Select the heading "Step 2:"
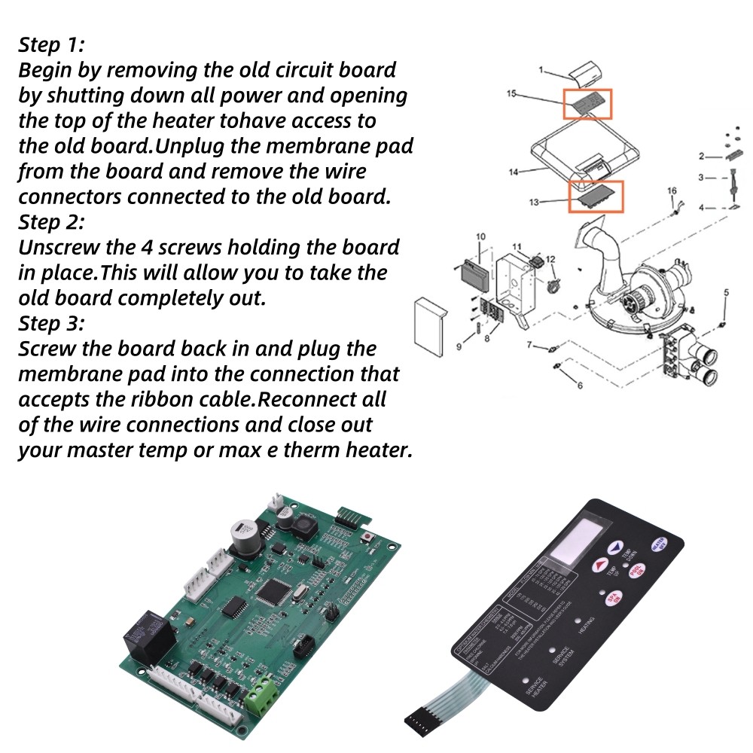pos(51,223)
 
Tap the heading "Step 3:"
pos(51,324)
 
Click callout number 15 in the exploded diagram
pos(511,95)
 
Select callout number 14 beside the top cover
pos(513,172)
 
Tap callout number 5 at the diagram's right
pos(726,291)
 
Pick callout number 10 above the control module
pos(481,237)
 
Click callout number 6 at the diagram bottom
pos(580,386)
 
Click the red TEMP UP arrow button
pos(600,564)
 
